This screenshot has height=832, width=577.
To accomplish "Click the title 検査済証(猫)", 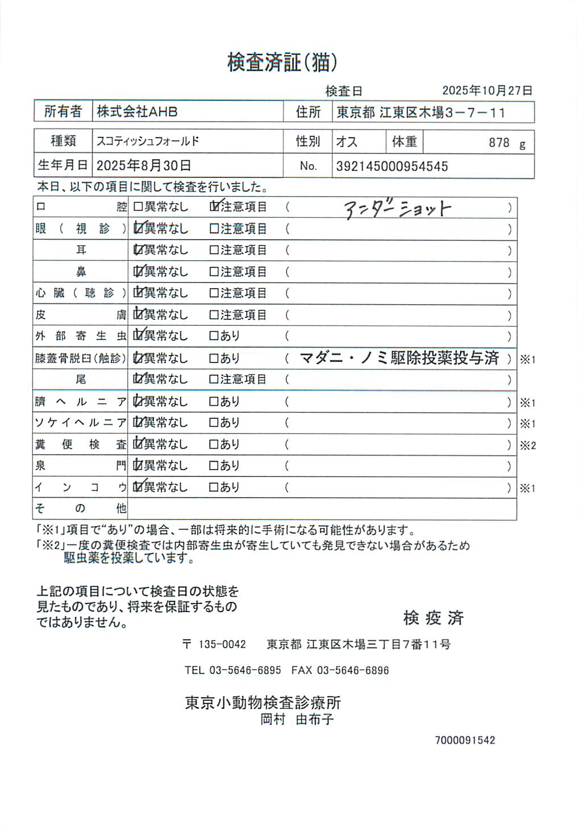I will click(x=282, y=62).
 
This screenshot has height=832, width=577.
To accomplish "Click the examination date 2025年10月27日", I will click(x=487, y=90).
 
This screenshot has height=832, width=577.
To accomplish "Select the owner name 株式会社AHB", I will click(x=137, y=112).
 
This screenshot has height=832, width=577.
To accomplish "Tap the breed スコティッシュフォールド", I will click(x=148, y=141).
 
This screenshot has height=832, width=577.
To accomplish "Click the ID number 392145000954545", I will click(x=392, y=167).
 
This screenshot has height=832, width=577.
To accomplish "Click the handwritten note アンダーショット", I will click(x=397, y=209).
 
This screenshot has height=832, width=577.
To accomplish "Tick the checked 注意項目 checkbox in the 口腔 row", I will click(x=214, y=207).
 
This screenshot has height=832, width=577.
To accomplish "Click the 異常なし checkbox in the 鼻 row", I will click(x=138, y=272).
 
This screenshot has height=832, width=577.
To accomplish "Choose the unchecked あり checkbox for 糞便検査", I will click(x=214, y=444).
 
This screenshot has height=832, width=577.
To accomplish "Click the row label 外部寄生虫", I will click(x=81, y=336).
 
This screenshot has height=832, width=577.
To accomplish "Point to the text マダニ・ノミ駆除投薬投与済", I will click(x=399, y=358).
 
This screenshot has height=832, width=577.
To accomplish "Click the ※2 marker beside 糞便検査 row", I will click(x=528, y=446).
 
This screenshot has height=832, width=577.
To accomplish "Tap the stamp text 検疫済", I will click(x=433, y=618).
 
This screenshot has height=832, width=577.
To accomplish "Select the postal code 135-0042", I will click(x=222, y=644).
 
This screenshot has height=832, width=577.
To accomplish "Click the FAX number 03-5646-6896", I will click(x=352, y=671).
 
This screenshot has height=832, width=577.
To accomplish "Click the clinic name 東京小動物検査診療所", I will click(x=263, y=703).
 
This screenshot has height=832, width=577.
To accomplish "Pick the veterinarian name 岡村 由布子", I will click(x=297, y=719).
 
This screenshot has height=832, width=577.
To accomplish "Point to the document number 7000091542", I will click(x=464, y=741).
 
